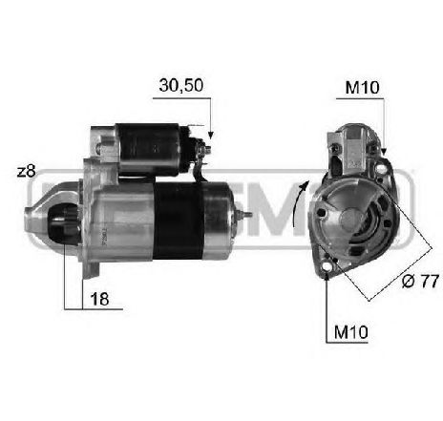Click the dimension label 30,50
pyautogui.click(x=181, y=85)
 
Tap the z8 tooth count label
pyautogui.click(x=27, y=172)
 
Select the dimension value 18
pyautogui.click(x=99, y=299)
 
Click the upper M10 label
pyautogui.click(x=362, y=88)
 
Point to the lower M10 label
pyautogui.click(x=351, y=332)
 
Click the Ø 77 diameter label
pyautogui.click(x=420, y=281)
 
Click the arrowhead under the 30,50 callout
pyautogui.click(x=210, y=136)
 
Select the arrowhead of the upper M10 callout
pyautogui.click(x=384, y=151)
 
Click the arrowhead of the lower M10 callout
pyautogui.click(x=327, y=278)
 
